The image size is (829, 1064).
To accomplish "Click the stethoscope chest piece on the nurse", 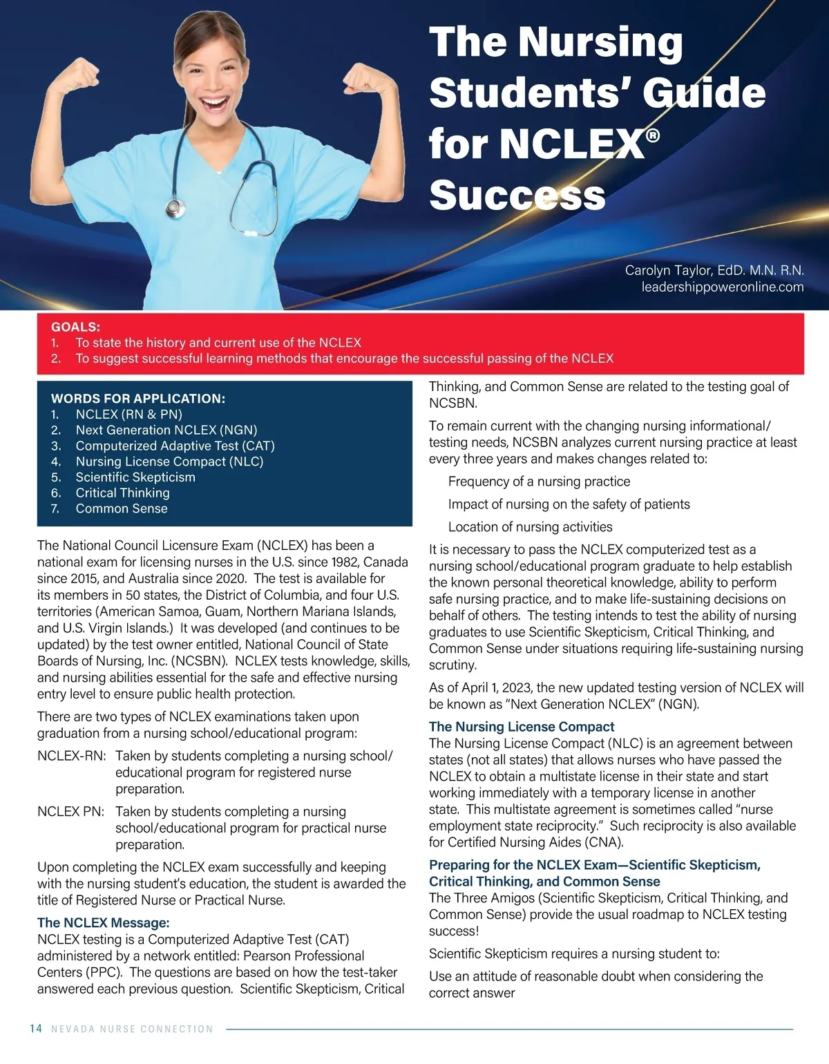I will tap(175, 207).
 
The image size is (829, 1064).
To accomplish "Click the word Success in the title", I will tap(517, 196).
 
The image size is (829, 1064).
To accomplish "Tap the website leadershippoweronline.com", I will tap(723, 287).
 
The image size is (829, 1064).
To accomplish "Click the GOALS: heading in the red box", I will tap(75, 327).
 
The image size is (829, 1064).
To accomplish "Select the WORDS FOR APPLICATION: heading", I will tap(138, 399).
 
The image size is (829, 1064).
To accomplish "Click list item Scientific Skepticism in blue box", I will tap(135, 477).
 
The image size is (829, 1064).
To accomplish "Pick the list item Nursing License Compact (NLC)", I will tap(169, 462).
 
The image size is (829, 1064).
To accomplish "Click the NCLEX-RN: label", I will tap(72, 756).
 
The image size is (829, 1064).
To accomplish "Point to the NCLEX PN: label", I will tap(71, 812).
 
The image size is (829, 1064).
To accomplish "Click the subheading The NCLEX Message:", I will tap(103, 923).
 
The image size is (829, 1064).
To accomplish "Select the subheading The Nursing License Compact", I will tap(522, 727).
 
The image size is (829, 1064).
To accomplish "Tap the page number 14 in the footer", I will tap(36, 1029).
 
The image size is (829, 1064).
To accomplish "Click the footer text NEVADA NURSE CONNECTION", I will tap(132, 1029).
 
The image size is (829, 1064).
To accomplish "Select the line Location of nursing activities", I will tap(530, 527).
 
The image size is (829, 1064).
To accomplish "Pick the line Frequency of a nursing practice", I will tap(539, 482).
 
